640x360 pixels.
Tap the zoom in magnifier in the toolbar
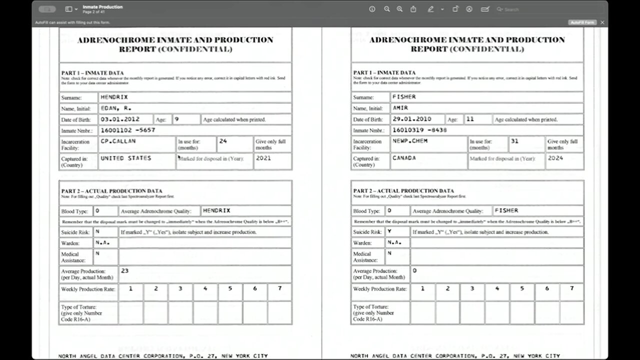[399, 9]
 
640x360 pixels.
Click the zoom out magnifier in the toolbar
[386, 9]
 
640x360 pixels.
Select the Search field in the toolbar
[520, 9]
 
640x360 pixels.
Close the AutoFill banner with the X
[602, 22]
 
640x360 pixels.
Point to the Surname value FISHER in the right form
[404, 97]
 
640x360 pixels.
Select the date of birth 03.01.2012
[120, 119]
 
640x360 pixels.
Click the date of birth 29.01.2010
[412, 119]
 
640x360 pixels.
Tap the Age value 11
[470, 119]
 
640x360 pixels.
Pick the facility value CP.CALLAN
[118, 141]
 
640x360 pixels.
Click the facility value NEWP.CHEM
[410, 141]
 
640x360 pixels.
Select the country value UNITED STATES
[125, 158]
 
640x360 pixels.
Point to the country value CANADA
[404, 158]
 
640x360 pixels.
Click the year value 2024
[555, 158]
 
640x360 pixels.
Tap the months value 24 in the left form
[223, 141]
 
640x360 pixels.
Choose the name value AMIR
[400, 108]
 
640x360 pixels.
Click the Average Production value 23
[124, 270]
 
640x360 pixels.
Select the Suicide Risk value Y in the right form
[389, 231]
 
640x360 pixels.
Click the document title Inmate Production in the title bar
[102, 6]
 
